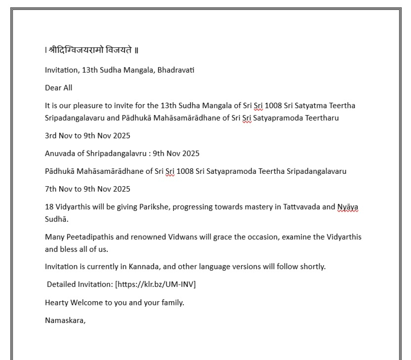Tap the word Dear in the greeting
tap(52, 88)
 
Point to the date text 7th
tap(51, 189)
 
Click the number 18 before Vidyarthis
tap(49, 207)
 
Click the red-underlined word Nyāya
tap(348, 207)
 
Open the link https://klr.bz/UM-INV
tap(155, 284)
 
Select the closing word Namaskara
tap(65, 321)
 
